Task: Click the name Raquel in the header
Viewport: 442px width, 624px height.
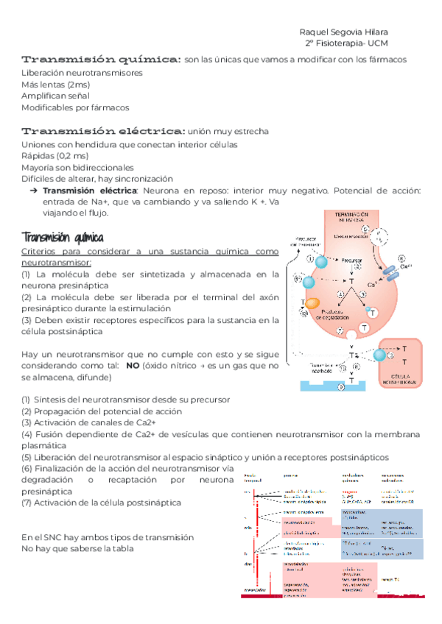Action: [x=316, y=32]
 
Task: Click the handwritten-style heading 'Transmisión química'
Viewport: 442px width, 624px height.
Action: [x=63, y=238]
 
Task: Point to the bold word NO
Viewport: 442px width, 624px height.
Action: [x=133, y=366]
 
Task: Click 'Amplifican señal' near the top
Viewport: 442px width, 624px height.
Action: [x=55, y=96]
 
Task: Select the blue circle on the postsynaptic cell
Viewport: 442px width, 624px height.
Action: [x=379, y=355]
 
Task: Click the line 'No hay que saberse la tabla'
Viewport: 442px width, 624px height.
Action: [x=78, y=549]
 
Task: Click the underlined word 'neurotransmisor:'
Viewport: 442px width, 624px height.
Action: [x=57, y=262]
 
